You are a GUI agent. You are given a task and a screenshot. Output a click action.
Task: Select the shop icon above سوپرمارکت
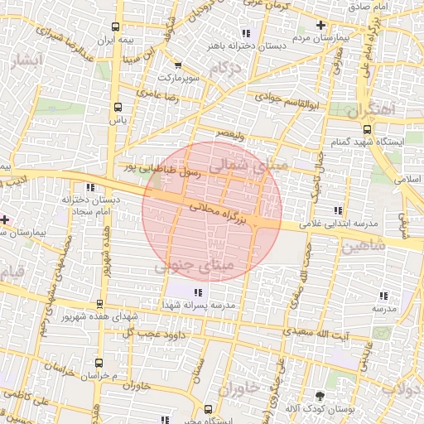[x=177, y=65]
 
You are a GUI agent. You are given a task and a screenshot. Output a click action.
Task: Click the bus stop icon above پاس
[x=116, y=107]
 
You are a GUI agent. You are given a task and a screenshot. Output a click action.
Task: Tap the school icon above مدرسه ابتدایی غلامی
[x=335, y=210]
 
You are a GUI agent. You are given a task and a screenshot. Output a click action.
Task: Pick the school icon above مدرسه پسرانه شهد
[x=197, y=291]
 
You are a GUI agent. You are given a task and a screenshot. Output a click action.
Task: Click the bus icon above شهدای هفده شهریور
[x=99, y=304]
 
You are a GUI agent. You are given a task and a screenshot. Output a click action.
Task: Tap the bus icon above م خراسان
[x=99, y=362]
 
